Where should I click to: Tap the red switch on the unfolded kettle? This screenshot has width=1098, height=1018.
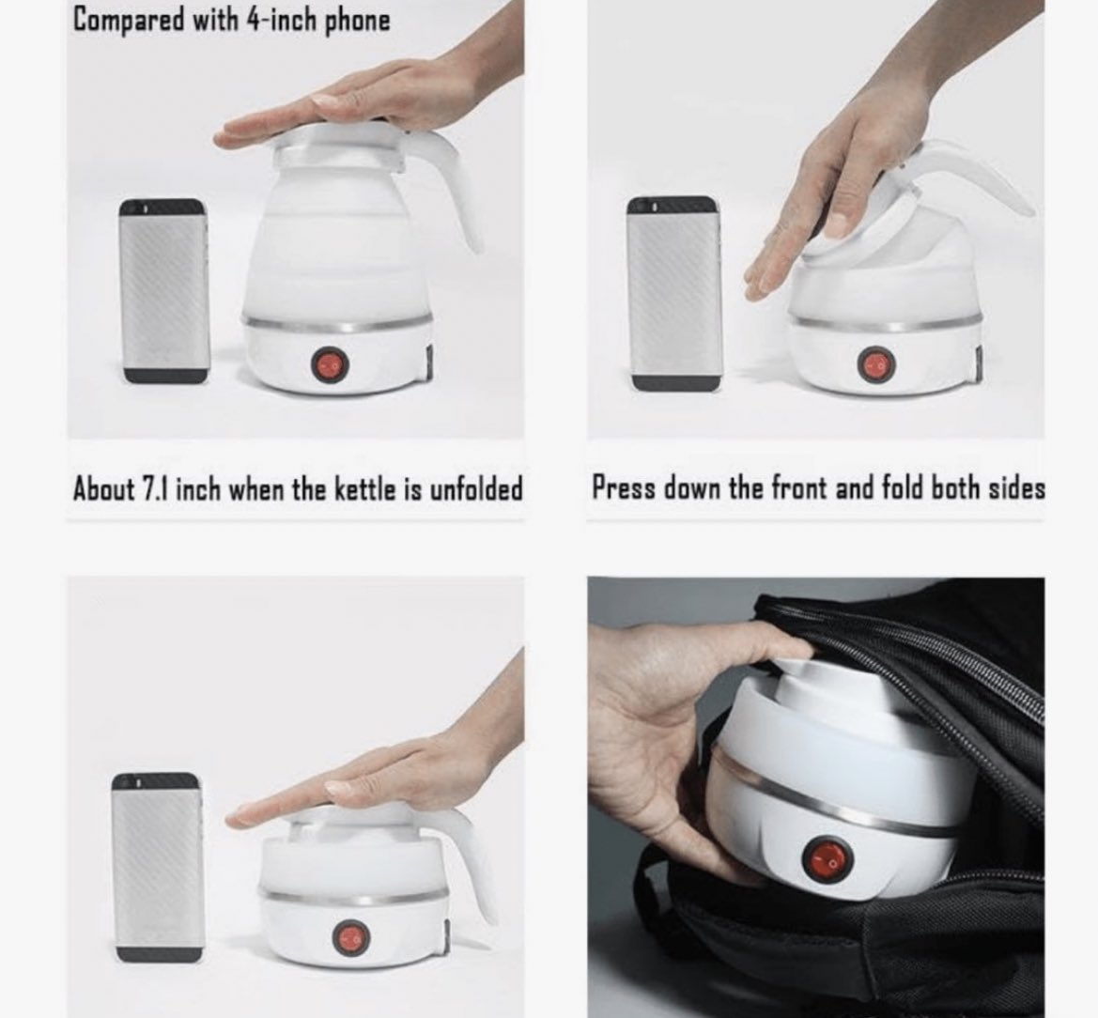click(x=329, y=364)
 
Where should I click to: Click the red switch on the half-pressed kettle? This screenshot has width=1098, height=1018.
click(x=876, y=364)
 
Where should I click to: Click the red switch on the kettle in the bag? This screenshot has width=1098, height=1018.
click(x=827, y=859)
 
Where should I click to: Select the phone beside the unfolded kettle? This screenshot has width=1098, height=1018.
click(x=164, y=291)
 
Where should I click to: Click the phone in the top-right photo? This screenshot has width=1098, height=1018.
click(x=674, y=293)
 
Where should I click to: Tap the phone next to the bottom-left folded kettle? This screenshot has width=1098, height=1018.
click(x=158, y=868)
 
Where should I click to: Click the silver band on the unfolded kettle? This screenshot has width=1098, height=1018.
click(x=337, y=326)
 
